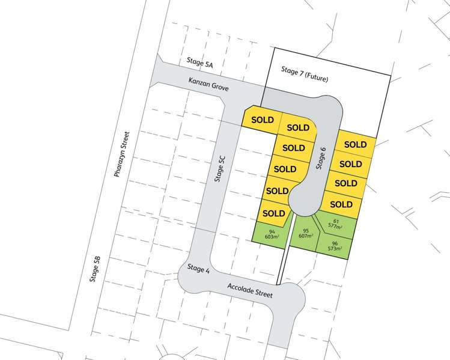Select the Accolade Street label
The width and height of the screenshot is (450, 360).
click(x=250, y=290)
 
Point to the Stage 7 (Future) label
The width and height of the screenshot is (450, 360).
click(x=305, y=75)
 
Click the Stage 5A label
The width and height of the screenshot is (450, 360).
click(x=200, y=62)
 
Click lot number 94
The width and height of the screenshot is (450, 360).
click(x=272, y=231)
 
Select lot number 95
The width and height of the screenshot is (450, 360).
click(x=306, y=230)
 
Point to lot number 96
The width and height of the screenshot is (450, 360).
click(x=334, y=242)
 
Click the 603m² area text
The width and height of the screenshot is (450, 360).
click(x=272, y=237)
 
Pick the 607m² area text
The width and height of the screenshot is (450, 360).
click(x=306, y=236)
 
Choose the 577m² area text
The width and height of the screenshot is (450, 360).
click(x=335, y=227)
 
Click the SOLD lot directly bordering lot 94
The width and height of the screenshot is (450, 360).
click(x=274, y=213)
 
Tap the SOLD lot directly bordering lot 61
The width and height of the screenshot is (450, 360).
click(x=341, y=204)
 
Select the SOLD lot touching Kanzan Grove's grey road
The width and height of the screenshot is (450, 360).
click(x=262, y=119)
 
